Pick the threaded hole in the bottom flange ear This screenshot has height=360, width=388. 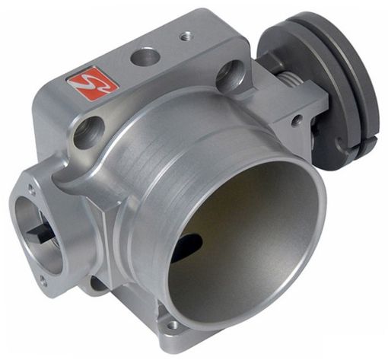173,325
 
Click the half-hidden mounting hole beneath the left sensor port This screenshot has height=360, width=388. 97,285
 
